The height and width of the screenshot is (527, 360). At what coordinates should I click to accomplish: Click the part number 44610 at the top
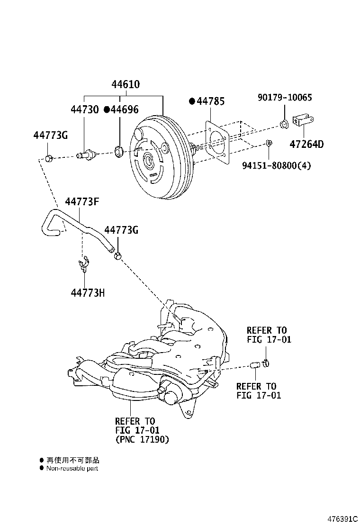[x=126, y=85]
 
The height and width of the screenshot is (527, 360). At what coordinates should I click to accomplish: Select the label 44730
[x=85, y=110]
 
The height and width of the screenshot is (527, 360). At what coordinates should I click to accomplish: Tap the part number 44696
[x=125, y=110]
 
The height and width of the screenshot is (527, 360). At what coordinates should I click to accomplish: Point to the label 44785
[x=210, y=101]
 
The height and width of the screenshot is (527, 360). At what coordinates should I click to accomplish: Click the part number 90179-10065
[x=285, y=98]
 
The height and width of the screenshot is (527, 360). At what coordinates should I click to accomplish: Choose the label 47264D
[x=306, y=144]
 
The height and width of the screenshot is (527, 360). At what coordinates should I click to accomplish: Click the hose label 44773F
[x=82, y=202]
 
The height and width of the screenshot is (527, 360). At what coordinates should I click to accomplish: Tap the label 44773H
[x=88, y=293]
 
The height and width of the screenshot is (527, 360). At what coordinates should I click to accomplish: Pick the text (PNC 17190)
[x=142, y=439]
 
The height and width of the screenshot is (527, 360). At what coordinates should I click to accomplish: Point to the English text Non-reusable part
[x=72, y=468]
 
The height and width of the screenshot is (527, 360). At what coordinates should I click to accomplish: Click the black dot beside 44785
[x=192, y=101]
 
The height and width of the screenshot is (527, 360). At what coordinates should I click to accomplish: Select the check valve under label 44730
[x=86, y=154]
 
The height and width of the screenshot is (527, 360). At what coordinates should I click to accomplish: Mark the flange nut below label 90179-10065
[x=284, y=126]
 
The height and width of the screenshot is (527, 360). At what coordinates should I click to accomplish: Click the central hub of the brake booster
[x=149, y=161]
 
